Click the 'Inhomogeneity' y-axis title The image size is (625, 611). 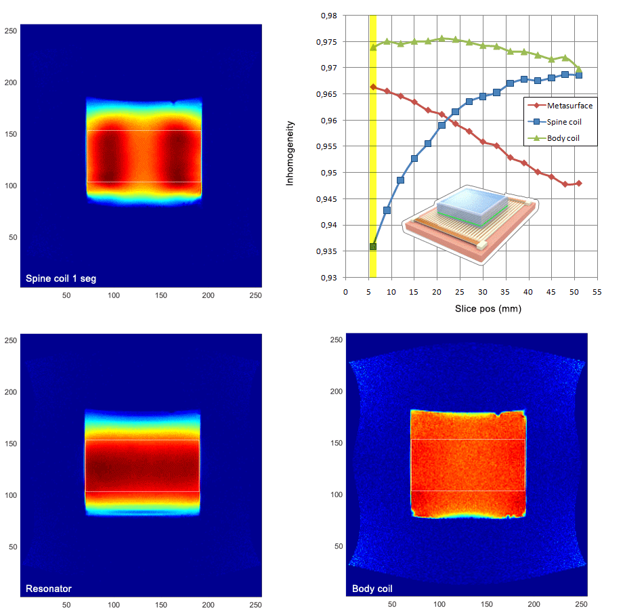point(290,153)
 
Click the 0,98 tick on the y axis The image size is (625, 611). point(328,16)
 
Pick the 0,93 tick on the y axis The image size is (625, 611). point(328,278)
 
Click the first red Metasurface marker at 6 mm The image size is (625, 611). point(372,87)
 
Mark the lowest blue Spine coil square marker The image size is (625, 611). point(372,247)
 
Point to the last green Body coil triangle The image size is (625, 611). point(578,69)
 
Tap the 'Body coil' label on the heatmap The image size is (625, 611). point(372,589)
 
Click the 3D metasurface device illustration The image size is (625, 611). point(469,227)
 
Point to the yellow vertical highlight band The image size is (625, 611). point(372,169)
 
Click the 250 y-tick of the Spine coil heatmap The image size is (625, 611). point(12,30)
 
